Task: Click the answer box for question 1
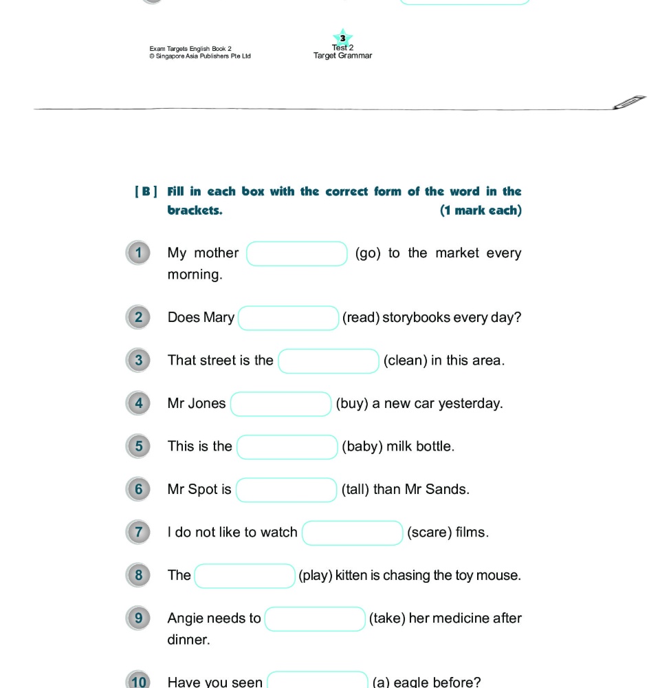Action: pos(297,254)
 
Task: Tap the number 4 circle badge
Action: pos(138,403)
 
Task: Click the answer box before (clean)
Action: pos(329,361)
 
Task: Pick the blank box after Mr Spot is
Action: pos(286,490)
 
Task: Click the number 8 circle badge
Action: pos(138,575)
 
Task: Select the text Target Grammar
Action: pos(342,56)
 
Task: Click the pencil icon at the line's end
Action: pos(630,102)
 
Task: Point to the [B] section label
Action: pos(146,192)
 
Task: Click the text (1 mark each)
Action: pos(481,211)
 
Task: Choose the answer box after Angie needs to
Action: pos(315,619)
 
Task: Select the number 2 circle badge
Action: pos(138,317)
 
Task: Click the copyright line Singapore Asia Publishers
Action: pos(200,56)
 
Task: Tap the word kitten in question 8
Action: pos(351,575)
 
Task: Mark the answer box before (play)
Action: pos(245,576)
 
